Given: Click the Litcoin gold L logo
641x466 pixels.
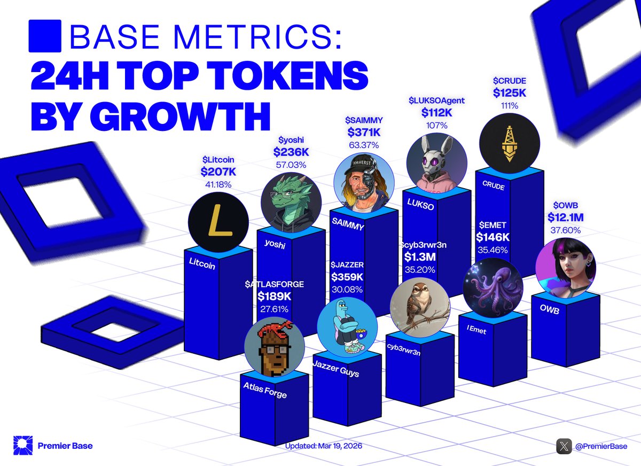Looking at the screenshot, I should (218, 223).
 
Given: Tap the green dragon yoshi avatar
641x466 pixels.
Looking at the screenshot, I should (291, 199).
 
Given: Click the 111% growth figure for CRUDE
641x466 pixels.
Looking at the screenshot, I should (509, 106).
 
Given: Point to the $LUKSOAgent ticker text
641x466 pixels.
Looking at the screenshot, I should (436, 100).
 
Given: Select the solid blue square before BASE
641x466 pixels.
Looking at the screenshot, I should (45, 36).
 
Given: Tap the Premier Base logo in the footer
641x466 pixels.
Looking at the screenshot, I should (23, 446).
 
